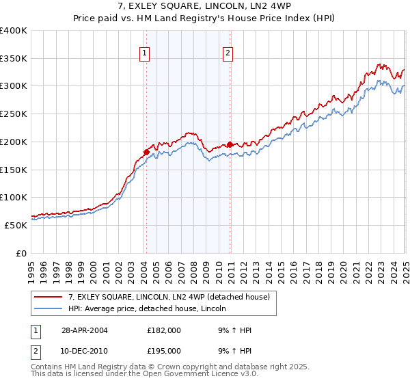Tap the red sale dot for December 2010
(x=230, y=144)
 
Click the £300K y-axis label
(x=14, y=86)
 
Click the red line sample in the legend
(x=49, y=297)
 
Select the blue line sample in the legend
(x=49, y=308)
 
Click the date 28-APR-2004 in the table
(x=85, y=330)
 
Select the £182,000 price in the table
(x=164, y=330)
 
